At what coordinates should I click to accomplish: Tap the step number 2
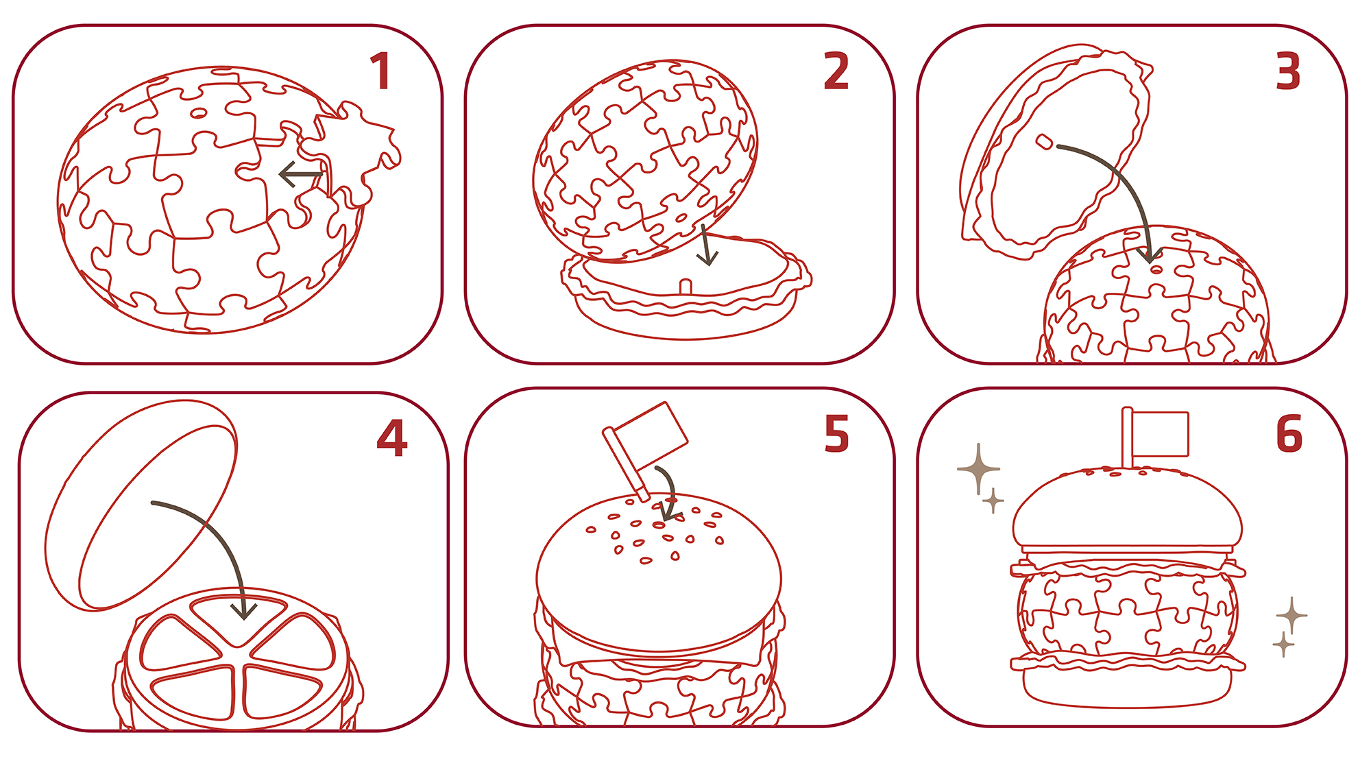pyautogui.click(x=836, y=71)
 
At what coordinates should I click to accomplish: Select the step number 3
pyautogui.click(x=1288, y=71)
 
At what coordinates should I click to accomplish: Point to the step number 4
pyautogui.click(x=392, y=438)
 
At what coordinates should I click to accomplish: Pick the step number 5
pyautogui.click(x=836, y=434)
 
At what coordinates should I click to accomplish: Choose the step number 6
pyautogui.click(x=1289, y=434)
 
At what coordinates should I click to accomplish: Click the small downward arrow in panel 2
pyautogui.click(x=706, y=246)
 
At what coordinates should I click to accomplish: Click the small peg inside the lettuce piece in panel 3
pyautogui.click(x=1044, y=142)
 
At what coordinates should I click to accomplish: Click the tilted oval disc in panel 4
pyautogui.click(x=141, y=505)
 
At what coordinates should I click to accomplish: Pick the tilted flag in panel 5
pyautogui.click(x=645, y=449)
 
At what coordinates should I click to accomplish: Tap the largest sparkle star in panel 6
pyautogui.click(x=978, y=469)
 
